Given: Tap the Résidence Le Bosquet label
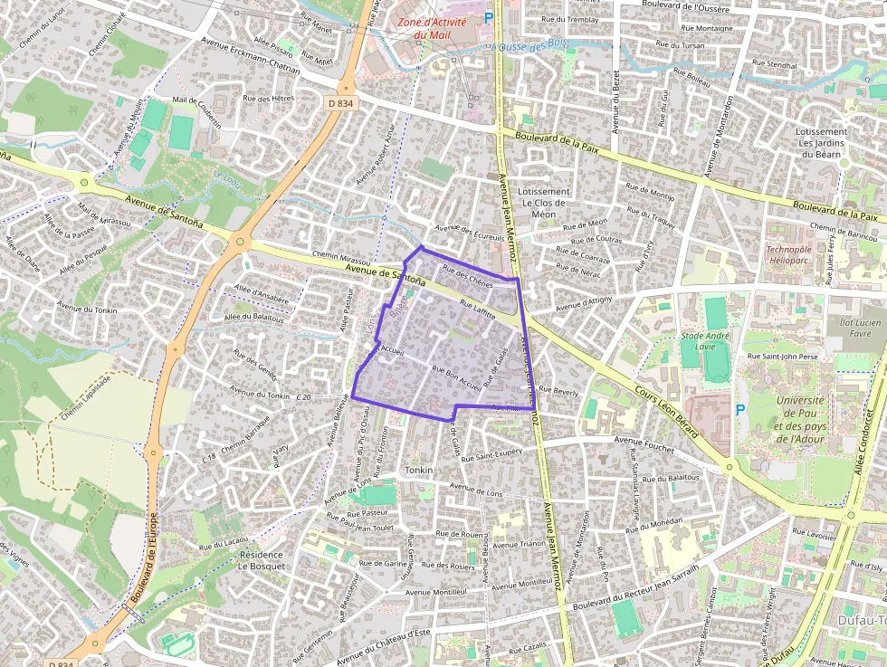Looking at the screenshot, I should pyautogui.click(x=261, y=560).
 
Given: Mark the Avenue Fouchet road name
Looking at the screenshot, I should pyautogui.click(x=645, y=442).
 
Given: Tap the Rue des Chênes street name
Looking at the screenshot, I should pyautogui.click(x=467, y=274).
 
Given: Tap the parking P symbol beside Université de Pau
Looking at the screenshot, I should pyautogui.click(x=740, y=410).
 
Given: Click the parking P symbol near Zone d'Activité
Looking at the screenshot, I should pyautogui.click(x=489, y=17).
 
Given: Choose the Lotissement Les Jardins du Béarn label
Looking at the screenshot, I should pyautogui.click(x=821, y=142).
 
